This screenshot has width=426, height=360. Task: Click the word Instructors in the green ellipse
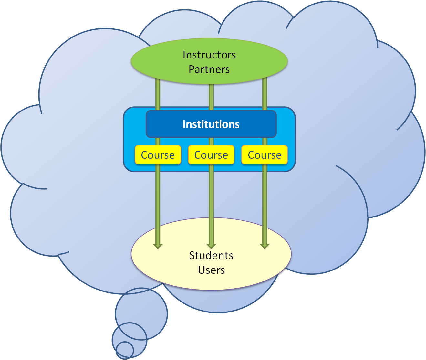(209, 55)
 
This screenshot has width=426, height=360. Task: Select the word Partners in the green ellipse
(209, 69)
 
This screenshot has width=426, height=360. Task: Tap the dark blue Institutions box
(211, 124)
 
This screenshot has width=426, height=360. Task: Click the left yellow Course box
(158, 155)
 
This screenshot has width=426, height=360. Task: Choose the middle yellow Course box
(211, 155)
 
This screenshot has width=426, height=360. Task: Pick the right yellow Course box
(265, 155)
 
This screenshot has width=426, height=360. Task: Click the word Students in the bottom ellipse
(211, 255)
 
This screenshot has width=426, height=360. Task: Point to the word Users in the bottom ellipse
(211, 270)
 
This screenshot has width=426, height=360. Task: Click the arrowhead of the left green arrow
(158, 246)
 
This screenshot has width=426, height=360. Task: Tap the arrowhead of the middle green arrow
(211, 246)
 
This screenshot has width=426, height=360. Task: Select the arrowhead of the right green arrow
(265, 246)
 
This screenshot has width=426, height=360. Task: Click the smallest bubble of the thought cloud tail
(125, 350)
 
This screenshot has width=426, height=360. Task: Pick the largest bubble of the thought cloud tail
(141, 313)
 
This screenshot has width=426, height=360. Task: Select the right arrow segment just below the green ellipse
(265, 94)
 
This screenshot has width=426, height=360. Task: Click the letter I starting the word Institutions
(184, 124)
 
